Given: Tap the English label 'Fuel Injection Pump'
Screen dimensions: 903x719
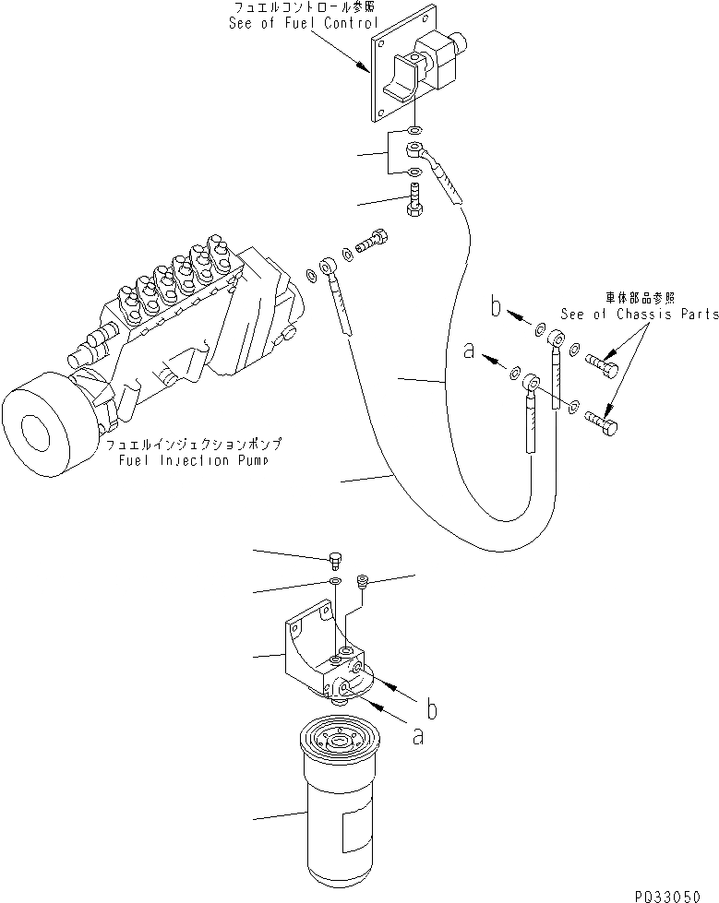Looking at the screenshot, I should [x=193, y=460].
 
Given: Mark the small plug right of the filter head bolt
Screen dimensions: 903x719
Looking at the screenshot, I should [x=363, y=580].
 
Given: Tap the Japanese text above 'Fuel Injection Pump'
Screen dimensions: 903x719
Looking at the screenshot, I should [x=193, y=445].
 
